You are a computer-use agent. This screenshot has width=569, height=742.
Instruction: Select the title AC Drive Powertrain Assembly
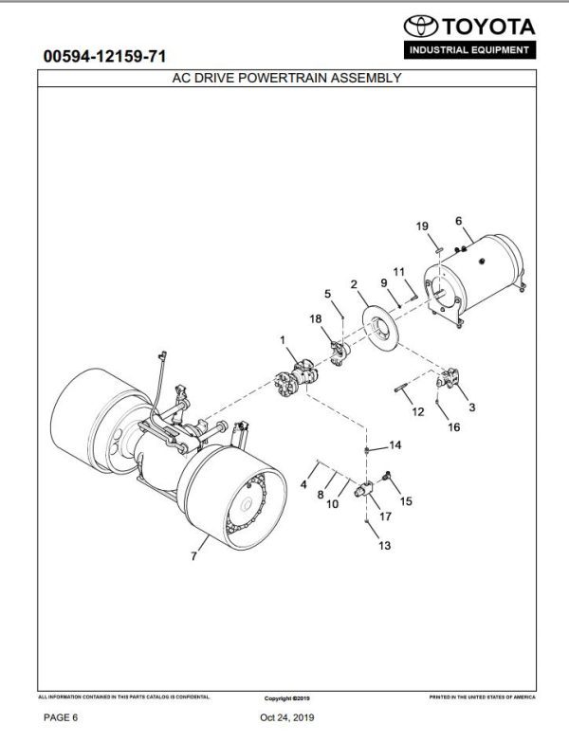pyautogui.click(x=284, y=79)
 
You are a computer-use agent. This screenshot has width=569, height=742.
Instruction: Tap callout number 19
pyautogui.click(x=423, y=226)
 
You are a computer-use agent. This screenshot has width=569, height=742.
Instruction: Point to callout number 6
pyautogui.click(x=459, y=221)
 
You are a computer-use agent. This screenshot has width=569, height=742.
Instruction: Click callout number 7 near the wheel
pyautogui.click(x=194, y=556)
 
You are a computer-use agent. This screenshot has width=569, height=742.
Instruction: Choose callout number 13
pyautogui.click(x=383, y=546)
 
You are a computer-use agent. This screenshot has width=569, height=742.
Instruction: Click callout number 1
pyautogui.click(x=282, y=339)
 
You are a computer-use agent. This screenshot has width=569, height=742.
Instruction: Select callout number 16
pyautogui.click(x=453, y=427)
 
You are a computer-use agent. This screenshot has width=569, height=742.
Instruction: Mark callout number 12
pyautogui.click(x=418, y=412)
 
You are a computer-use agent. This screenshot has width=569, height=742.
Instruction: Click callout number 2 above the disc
pyautogui.click(x=353, y=283)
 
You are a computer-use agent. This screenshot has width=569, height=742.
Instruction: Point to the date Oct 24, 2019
pyautogui.click(x=285, y=720)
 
